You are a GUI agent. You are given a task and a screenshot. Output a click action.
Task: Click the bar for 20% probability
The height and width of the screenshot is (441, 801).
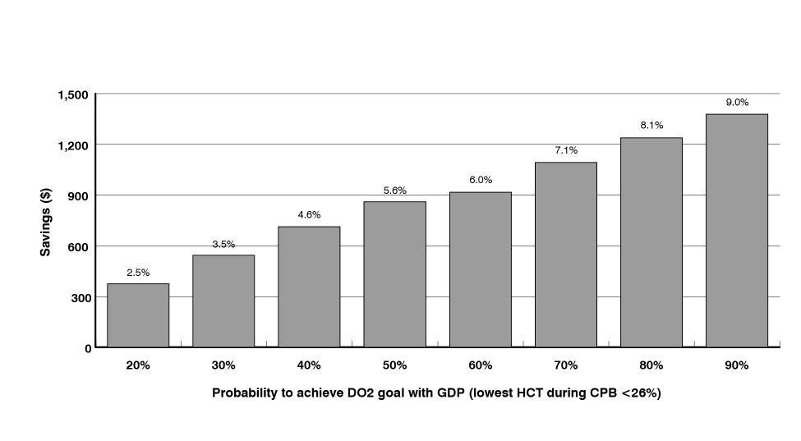point(138,315)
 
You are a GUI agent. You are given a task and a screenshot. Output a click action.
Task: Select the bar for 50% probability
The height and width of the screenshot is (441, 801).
point(394,274)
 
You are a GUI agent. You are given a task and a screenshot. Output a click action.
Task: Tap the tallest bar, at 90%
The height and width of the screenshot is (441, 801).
point(736,230)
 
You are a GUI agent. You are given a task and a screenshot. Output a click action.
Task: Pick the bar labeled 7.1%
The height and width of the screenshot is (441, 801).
point(565,255)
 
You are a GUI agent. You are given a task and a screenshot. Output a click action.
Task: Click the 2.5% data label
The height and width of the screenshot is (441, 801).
point(138,273)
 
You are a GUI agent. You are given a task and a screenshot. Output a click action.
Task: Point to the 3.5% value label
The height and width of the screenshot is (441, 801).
point(223,244)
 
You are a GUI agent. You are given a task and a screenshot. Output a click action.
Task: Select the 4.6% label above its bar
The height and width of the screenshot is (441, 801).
point(309,215)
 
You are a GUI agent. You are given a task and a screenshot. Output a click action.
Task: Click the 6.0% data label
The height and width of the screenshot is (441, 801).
point(480,180)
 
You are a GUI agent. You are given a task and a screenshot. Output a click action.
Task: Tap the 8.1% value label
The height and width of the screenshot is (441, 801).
point(651,126)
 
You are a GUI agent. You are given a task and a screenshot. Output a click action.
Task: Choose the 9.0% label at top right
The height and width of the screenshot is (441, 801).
point(736,103)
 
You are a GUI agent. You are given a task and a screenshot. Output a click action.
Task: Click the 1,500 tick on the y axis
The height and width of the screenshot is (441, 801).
point(72,95)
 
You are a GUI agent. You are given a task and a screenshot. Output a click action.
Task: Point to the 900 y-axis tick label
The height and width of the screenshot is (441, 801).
point(79,195)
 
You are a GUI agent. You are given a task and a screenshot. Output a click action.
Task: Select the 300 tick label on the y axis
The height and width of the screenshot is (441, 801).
point(79,297)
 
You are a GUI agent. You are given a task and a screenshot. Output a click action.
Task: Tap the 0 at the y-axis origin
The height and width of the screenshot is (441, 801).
point(86,348)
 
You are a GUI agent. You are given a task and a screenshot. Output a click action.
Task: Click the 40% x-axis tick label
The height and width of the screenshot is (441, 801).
point(309,365)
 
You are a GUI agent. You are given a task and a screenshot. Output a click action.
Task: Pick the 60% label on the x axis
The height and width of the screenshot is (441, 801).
point(480,365)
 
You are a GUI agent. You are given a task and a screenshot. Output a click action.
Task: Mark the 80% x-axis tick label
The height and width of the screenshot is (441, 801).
point(651,365)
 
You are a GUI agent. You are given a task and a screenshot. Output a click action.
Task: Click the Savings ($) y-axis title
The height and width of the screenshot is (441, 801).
point(46,222)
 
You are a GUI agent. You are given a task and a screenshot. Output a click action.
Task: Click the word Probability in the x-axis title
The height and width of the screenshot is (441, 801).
point(245,393)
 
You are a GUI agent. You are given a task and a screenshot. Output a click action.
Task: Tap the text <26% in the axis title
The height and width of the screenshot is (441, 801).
point(642,393)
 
